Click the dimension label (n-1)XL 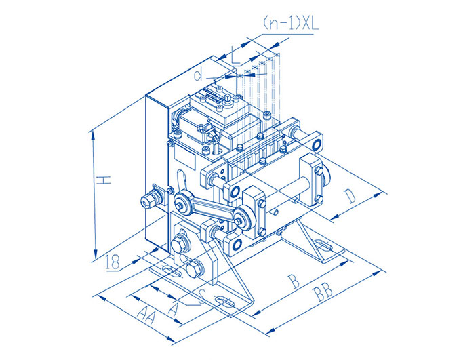(290, 24)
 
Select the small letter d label (199, 75)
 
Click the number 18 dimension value (113, 262)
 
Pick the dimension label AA (146, 314)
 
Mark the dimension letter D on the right (350, 196)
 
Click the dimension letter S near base (201, 297)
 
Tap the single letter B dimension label (293, 281)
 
